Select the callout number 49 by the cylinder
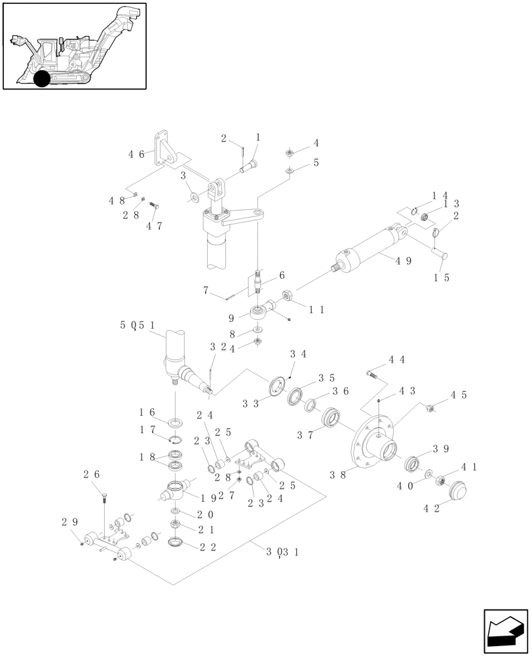tap(403, 260)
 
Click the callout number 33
tap(250, 403)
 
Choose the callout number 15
tap(442, 277)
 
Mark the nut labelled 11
tap(286, 297)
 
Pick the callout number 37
tap(305, 434)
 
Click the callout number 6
tap(281, 275)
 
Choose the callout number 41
tap(469, 467)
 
